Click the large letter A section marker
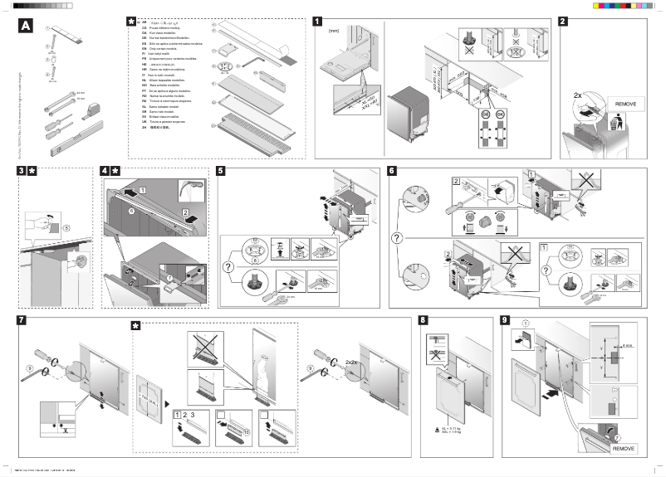pyautogui.click(x=26, y=26)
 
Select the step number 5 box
pyautogui.click(x=219, y=172)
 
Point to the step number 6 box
pyautogui.click(x=392, y=172)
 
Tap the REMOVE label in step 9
pyautogui.click(x=624, y=447)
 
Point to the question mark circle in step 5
pyautogui.click(x=226, y=266)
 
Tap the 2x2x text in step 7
pyautogui.click(x=352, y=362)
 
